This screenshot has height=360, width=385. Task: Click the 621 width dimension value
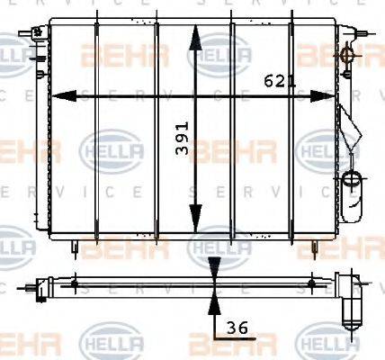point(281,81)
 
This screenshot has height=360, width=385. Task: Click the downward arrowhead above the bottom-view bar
point(214,267)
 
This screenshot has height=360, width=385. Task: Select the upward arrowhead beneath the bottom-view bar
point(214,301)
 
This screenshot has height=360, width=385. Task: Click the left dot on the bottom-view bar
point(75,284)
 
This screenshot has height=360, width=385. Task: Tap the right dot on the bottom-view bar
point(311,284)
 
